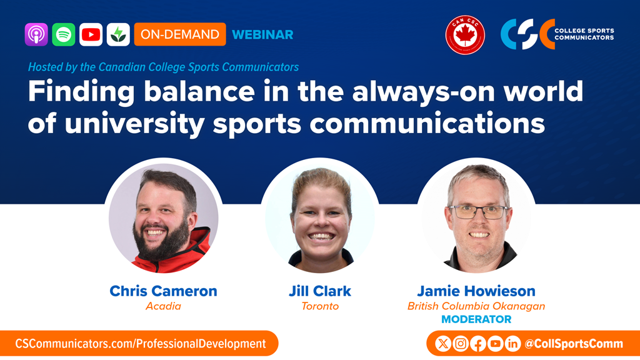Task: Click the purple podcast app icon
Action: [36, 34]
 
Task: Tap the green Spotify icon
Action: [64, 34]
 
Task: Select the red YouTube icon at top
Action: [91, 34]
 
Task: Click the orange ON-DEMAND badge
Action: [180, 34]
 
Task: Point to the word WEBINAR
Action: [262, 35]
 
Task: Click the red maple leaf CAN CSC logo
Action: [465, 35]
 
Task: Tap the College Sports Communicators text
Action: [584, 34]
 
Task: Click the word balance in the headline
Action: [199, 91]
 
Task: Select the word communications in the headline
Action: [427, 123]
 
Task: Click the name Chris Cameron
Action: [163, 291]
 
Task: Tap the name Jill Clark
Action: [320, 291]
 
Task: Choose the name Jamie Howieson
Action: [476, 291]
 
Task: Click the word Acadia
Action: [163, 306]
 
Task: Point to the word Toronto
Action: [320, 306]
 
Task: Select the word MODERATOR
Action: [476, 319]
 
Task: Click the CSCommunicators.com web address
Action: [141, 344]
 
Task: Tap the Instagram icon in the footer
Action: [461, 344]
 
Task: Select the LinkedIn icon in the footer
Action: [512, 344]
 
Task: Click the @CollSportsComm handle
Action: [574, 344]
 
